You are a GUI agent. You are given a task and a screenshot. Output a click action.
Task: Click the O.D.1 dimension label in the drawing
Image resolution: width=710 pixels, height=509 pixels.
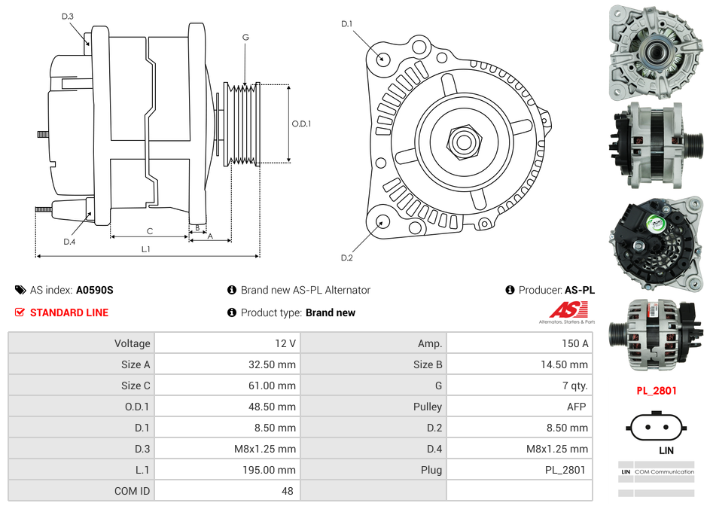click(x=301, y=123)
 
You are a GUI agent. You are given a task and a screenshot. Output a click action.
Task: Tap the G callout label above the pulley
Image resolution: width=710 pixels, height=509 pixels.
click(x=245, y=37)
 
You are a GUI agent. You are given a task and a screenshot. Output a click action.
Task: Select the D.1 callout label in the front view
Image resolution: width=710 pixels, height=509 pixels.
click(x=346, y=24)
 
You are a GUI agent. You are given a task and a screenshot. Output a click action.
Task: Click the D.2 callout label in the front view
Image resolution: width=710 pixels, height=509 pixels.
click(x=346, y=258)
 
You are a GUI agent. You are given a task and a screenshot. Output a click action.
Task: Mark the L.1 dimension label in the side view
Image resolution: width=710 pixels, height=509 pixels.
click(x=146, y=248)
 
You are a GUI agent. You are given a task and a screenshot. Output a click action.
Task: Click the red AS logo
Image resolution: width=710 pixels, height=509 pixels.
click(x=568, y=309)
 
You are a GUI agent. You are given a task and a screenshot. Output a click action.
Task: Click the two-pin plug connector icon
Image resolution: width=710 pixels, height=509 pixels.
click(x=656, y=427)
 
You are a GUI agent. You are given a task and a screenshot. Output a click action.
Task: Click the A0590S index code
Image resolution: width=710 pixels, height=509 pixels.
click(x=94, y=290)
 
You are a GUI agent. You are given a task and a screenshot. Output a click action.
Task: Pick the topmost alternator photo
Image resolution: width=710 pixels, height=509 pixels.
click(x=654, y=53)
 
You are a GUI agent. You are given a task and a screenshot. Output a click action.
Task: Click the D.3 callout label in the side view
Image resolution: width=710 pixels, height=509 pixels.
click(x=68, y=16)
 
